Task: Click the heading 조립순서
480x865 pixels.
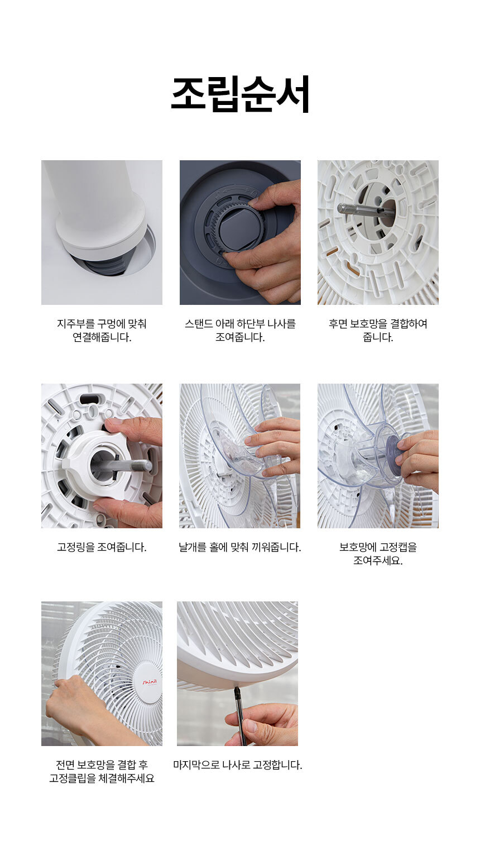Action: (x=240, y=94)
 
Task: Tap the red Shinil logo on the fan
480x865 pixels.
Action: (x=150, y=682)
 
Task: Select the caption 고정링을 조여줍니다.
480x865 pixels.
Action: (x=102, y=547)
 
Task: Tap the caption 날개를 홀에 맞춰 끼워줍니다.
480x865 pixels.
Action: (x=239, y=547)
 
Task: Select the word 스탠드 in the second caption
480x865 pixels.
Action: (x=198, y=323)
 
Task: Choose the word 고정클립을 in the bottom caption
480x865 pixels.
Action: (x=72, y=778)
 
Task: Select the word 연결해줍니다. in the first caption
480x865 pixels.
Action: (x=102, y=337)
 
